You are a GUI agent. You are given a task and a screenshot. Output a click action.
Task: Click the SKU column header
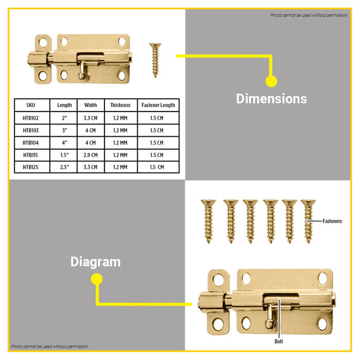[x=31, y=105]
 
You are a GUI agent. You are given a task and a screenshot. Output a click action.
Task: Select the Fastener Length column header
[x=158, y=105]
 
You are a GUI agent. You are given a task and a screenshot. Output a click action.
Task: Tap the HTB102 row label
[x=31, y=118]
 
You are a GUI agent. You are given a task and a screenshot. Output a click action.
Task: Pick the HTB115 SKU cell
[x=31, y=155]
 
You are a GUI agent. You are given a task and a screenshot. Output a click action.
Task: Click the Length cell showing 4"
[x=65, y=142]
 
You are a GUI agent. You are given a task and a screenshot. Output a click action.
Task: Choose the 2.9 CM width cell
[x=90, y=155]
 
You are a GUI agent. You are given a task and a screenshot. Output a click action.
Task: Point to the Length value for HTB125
[x=65, y=167]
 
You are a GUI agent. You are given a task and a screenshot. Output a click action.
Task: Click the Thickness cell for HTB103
[x=121, y=131]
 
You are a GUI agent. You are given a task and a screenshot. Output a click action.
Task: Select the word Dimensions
[x=271, y=99]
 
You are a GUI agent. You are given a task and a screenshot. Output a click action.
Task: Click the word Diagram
[x=95, y=262]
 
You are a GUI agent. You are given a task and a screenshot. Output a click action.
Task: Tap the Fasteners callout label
[x=332, y=221]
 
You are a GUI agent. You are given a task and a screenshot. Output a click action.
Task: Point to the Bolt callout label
[x=279, y=342]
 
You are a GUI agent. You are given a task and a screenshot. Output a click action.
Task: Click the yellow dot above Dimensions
[x=271, y=81]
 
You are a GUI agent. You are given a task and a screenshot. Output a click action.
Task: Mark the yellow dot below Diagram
[x=97, y=279]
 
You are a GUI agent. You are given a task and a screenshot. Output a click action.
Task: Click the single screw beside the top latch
[x=155, y=60]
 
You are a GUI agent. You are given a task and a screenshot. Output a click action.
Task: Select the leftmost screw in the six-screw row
[x=208, y=222]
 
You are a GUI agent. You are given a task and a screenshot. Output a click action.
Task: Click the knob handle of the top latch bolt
[x=81, y=70]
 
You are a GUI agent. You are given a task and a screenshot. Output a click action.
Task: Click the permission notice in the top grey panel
[x=309, y=15]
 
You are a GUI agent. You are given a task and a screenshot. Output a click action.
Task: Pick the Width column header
[x=90, y=105]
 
